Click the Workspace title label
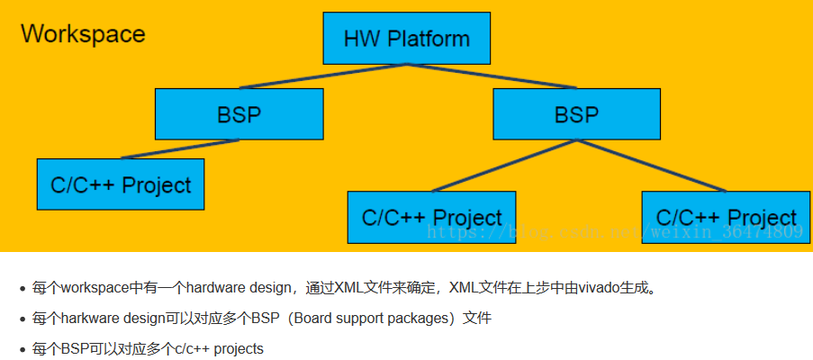(83, 34)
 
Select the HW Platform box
(407, 39)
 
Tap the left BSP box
(239, 114)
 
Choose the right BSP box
(576, 114)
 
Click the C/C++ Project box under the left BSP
(121, 185)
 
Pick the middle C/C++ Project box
(431, 218)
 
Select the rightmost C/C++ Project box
(725, 218)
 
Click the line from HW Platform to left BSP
(324, 76)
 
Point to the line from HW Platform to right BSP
(491, 76)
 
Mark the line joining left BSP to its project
(180, 149)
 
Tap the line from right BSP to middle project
(504, 166)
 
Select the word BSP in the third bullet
(74, 348)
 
